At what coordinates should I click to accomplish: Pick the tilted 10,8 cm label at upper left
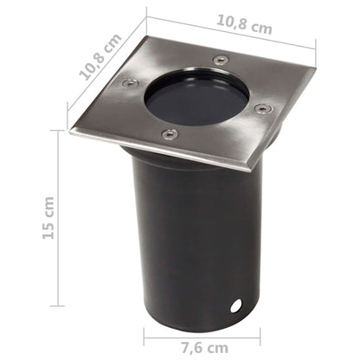point(100,57)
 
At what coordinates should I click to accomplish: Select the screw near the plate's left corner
point(132,83)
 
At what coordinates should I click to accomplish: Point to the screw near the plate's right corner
point(263,109)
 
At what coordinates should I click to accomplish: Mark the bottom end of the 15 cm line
point(60,305)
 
